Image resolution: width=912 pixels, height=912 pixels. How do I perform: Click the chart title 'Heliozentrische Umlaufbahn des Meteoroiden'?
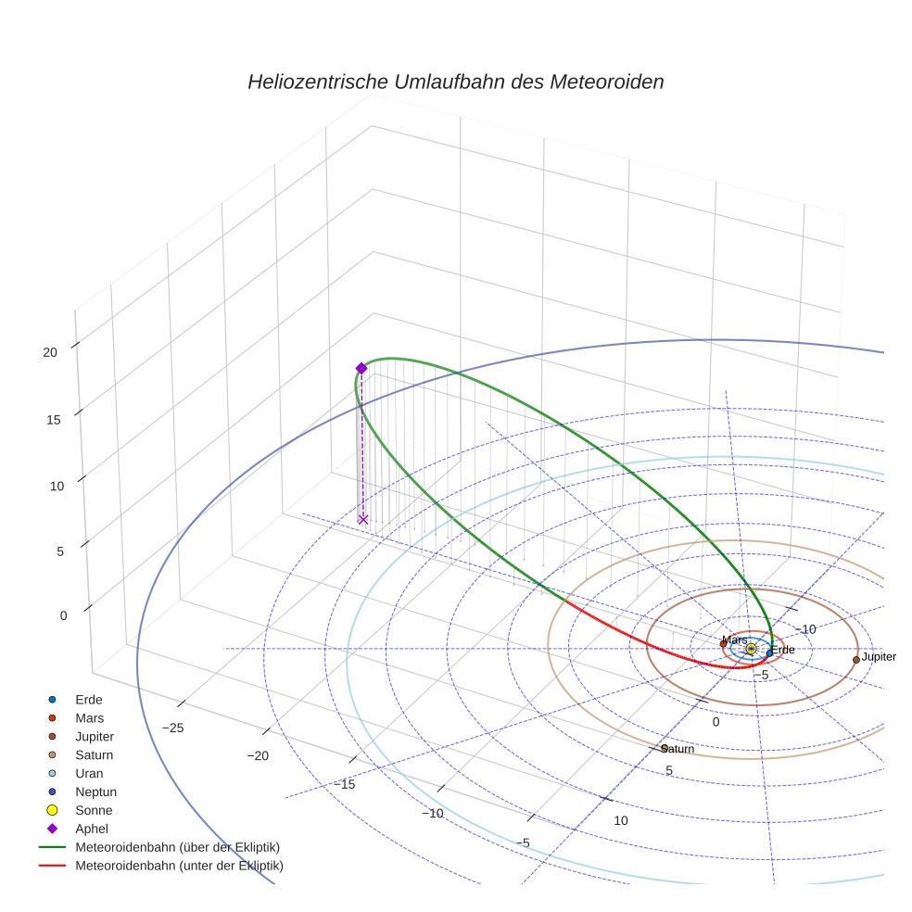455,82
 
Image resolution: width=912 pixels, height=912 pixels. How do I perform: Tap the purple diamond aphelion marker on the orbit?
361,368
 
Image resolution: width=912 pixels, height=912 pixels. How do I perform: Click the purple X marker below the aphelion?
363,519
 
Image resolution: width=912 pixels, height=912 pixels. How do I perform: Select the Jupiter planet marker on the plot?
855,660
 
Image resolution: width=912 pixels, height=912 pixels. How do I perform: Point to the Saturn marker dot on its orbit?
665,748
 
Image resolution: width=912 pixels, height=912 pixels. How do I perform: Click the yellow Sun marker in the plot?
751,649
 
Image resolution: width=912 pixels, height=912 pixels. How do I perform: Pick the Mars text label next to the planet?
734,640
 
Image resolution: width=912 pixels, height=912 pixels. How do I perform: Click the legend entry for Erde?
89,699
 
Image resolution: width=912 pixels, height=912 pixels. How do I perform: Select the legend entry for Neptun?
95,792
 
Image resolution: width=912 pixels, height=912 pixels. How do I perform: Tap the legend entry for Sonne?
94,810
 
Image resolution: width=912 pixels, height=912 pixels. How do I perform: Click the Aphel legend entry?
92,829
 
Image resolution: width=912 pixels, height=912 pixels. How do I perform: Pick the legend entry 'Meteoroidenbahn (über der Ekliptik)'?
177,847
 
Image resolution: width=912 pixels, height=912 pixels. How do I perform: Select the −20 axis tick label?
258,756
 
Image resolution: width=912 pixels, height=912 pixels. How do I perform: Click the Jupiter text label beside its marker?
879,656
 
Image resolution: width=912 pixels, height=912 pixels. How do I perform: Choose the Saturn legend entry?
94,754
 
